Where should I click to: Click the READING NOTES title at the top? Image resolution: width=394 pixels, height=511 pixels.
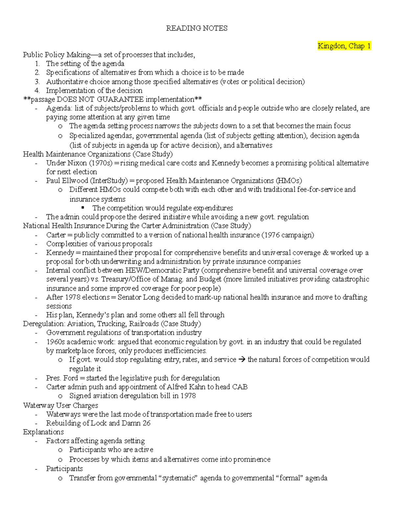(x=197, y=28)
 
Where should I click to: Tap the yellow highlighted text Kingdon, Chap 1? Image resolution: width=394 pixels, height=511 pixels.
(x=344, y=46)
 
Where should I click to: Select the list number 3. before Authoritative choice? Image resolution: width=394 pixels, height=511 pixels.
(x=37, y=82)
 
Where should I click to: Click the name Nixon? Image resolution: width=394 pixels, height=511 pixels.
(x=77, y=163)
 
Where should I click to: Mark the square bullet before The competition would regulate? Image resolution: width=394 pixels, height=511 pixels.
(x=83, y=208)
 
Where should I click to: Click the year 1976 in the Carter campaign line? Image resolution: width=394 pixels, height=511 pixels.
(x=272, y=235)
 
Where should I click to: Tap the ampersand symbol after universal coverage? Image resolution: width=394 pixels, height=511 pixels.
(x=325, y=253)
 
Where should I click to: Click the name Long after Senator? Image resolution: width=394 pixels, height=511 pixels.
(x=151, y=297)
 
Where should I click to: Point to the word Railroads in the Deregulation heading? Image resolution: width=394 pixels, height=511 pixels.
(x=144, y=324)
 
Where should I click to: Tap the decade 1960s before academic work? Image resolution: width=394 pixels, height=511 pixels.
(x=55, y=342)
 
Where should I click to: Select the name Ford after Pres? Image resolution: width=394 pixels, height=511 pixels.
(x=71, y=378)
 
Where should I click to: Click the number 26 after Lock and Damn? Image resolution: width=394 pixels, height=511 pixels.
(x=146, y=423)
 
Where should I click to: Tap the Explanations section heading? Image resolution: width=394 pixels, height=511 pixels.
(x=43, y=432)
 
